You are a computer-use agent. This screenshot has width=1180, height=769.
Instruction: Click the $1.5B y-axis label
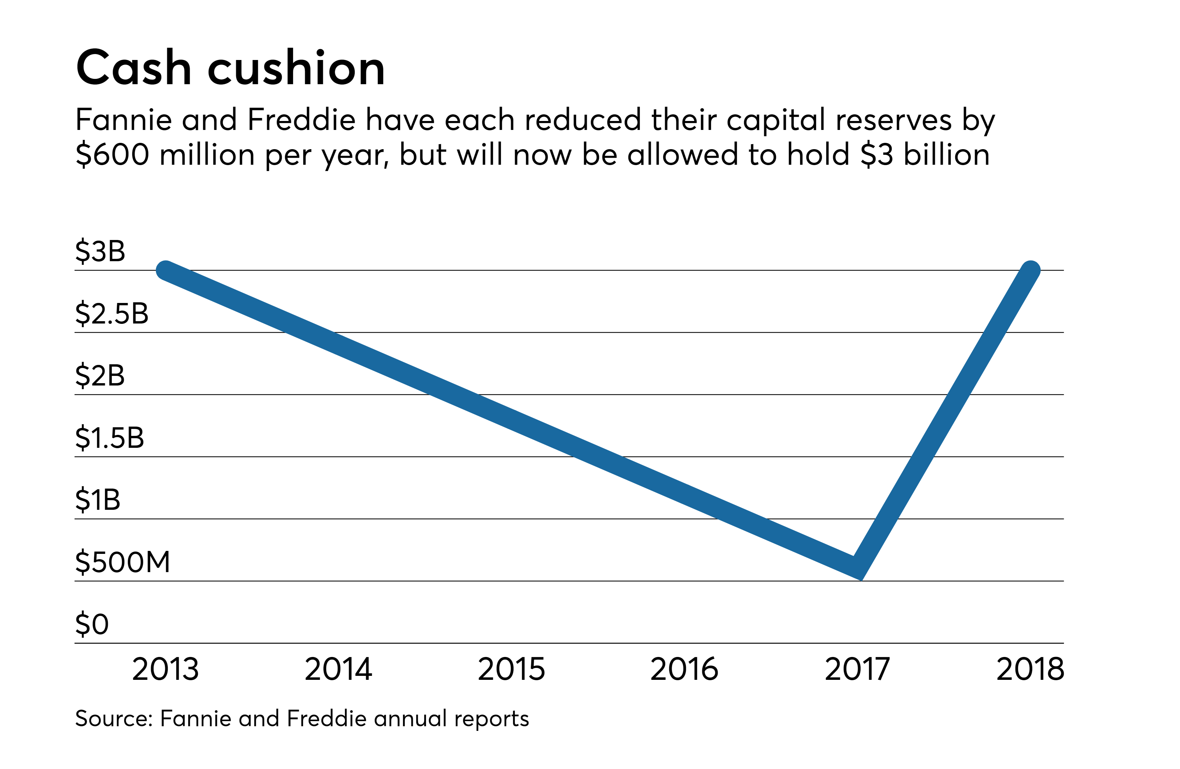[x=110, y=438]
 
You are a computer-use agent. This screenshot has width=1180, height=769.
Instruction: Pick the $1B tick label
[x=98, y=500]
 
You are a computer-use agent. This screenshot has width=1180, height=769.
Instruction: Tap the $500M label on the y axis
[x=122, y=562]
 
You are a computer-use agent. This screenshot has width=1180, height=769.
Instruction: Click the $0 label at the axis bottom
[x=92, y=624]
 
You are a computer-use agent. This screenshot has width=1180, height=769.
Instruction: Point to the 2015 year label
[x=511, y=669]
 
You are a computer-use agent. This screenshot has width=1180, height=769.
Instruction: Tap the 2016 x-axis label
[x=684, y=669]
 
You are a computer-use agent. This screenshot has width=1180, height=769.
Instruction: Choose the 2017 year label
[x=857, y=669]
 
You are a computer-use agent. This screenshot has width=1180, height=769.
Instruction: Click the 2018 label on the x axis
[x=1030, y=669]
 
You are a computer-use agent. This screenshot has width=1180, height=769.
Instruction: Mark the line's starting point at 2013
[x=166, y=270]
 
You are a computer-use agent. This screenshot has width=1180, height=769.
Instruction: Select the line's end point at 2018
[x=1030, y=270]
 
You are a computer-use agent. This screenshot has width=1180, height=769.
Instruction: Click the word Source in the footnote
[x=113, y=718]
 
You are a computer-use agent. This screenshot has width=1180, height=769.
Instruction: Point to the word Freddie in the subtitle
[x=301, y=120]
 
